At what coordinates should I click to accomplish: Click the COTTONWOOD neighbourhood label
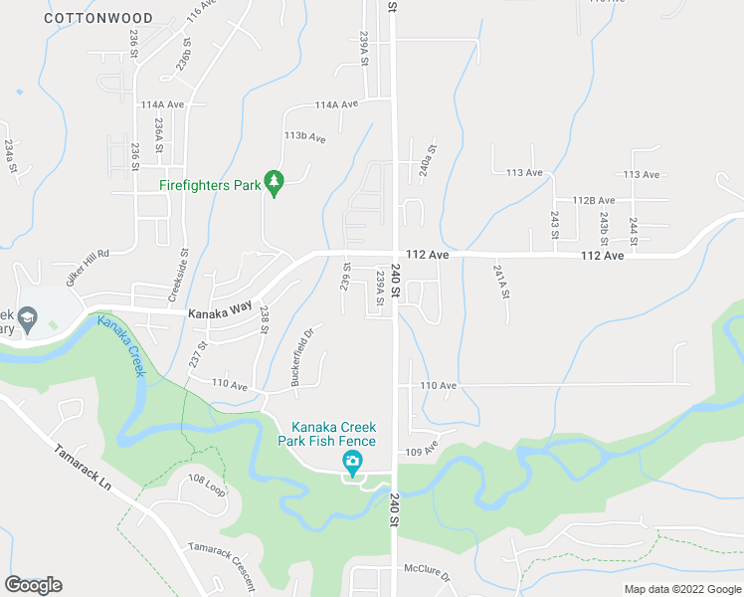(x=98, y=18)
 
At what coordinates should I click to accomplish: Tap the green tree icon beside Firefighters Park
(x=275, y=183)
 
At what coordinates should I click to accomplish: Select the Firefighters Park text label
(x=210, y=185)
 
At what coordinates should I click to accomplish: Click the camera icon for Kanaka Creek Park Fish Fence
(x=351, y=462)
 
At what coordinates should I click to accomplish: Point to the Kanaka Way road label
(x=220, y=310)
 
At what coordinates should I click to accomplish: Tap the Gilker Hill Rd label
(x=88, y=268)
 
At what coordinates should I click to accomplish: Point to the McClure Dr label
(x=427, y=575)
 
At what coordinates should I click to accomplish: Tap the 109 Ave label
(x=422, y=451)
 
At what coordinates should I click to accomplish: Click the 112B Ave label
(x=594, y=200)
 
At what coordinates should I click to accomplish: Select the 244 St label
(x=633, y=230)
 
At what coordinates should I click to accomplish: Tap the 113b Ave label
(x=304, y=136)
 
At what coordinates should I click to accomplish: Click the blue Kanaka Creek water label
(x=121, y=344)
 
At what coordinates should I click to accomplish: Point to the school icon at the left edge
(x=29, y=319)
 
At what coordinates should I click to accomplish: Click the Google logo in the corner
(x=33, y=584)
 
